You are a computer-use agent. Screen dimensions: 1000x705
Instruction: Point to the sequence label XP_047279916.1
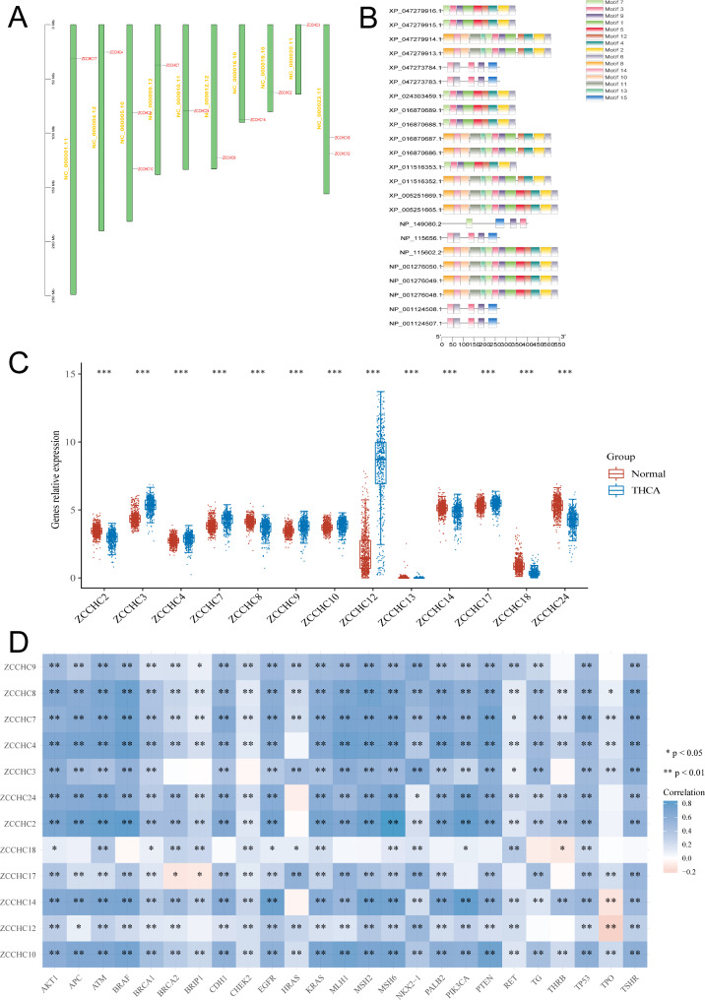[418, 9]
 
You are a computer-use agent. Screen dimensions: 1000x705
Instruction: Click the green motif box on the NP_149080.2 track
[470, 224]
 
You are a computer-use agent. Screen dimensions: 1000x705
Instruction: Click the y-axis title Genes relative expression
[41, 475]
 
